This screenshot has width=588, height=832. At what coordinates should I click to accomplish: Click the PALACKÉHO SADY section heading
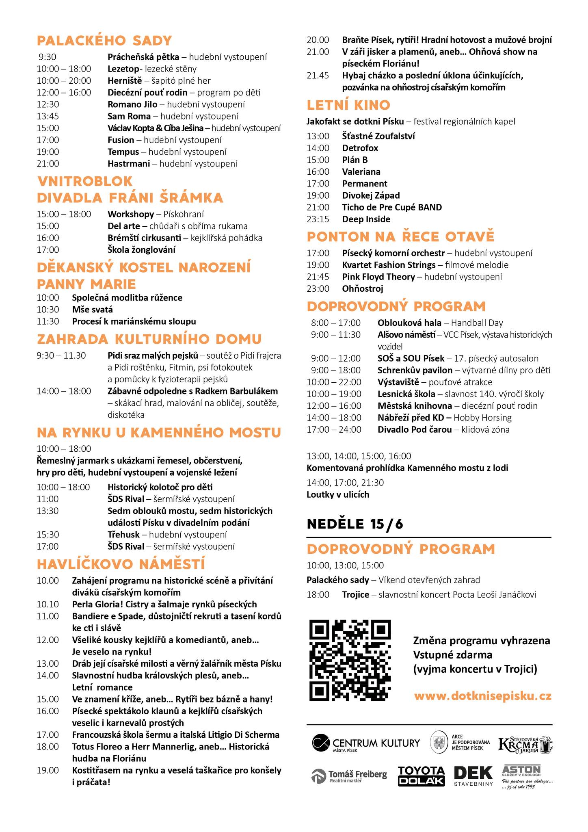[104, 41]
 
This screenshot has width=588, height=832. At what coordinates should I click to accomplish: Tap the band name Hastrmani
[129, 164]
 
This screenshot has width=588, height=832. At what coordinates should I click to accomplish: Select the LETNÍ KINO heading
[348, 105]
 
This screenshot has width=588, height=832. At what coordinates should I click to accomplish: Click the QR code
[350, 661]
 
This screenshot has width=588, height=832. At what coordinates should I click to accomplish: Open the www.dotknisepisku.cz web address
[483, 696]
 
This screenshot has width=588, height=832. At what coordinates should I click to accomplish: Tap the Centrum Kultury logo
[366, 743]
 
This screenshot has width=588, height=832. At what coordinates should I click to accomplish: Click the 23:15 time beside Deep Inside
[318, 219]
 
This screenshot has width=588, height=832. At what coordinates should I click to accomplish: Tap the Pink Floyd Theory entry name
[378, 277]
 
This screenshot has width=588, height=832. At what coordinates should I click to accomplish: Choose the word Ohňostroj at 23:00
[362, 289]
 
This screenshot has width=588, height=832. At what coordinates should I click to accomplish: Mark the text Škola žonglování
[142, 250]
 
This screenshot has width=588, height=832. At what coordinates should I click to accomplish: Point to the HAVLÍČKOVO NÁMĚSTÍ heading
[121, 564]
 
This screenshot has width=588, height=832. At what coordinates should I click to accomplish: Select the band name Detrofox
[360, 148]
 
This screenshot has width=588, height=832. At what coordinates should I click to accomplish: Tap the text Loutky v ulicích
[338, 494]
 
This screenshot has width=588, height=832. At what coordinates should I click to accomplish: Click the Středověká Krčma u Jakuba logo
[525, 743]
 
